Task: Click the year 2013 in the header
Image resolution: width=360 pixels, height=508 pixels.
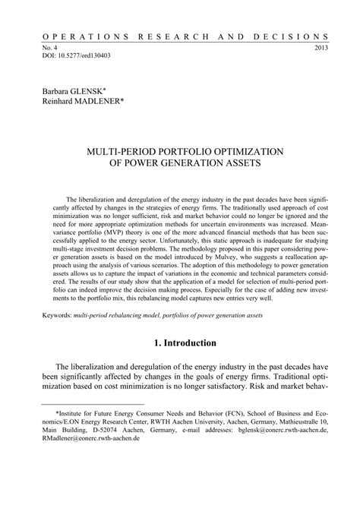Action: tap(320, 47)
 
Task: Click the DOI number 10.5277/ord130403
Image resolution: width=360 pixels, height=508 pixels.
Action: tap(71, 55)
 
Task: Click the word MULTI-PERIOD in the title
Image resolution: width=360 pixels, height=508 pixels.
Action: tap(138, 150)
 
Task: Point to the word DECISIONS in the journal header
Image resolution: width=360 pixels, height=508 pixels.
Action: tap(296, 36)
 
